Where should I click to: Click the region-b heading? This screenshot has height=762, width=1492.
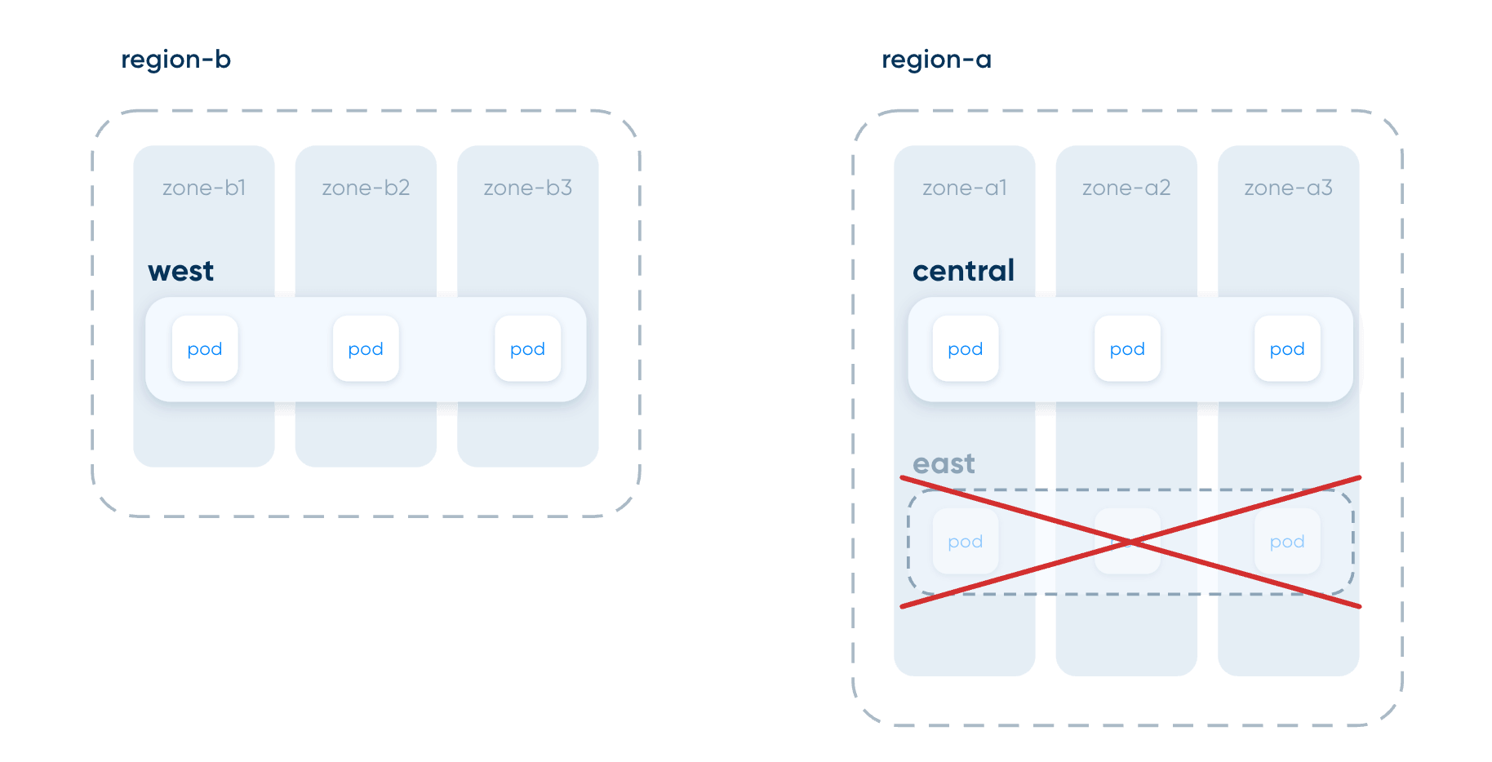[175, 60]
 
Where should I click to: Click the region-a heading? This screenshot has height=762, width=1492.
[936, 60]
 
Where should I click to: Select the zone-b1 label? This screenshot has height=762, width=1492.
[204, 188]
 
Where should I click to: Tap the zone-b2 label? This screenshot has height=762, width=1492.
[366, 188]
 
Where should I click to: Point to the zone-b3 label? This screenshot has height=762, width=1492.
[528, 188]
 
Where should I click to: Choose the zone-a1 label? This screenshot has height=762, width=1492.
[965, 188]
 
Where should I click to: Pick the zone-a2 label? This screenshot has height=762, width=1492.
[1126, 188]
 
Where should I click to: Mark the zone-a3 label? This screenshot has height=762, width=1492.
[1288, 188]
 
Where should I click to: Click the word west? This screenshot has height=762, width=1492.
[181, 271]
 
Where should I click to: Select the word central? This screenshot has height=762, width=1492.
[964, 270]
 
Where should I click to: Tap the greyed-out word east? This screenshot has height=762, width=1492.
[944, 463]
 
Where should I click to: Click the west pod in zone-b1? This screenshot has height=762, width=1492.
[205, 348]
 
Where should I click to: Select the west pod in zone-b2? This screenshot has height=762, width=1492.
[366, 348]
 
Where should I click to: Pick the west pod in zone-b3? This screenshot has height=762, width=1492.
[528, 348]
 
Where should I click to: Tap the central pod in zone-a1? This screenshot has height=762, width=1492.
[966, 348]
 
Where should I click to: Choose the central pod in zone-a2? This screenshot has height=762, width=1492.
[1127, 348]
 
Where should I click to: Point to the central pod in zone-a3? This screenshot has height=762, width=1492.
[1287, 348]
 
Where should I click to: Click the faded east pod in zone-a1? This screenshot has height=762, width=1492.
[966, 541]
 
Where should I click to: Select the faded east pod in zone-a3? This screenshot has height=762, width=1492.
[1287, 541]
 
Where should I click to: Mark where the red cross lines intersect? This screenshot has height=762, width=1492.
[1130, 542]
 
